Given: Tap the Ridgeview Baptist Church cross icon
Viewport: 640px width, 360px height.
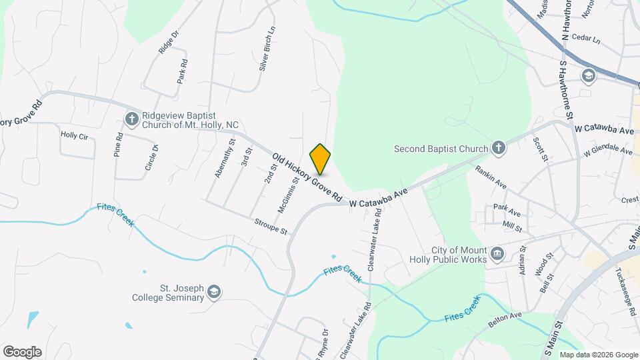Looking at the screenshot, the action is coord(131,119).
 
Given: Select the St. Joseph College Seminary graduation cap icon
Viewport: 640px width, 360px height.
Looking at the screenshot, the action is coord(214,292).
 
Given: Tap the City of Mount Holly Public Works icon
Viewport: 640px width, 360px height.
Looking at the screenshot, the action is coord(497,254).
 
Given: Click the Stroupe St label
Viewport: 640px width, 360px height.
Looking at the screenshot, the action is coord(270,227).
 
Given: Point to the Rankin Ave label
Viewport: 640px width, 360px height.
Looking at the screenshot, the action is coord(491,177).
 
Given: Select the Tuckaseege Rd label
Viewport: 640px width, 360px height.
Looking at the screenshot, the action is coord(627,283).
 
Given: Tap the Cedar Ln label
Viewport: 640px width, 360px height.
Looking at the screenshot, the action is coord(586,40).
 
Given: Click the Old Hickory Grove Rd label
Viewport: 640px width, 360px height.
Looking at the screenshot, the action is coord(307,177).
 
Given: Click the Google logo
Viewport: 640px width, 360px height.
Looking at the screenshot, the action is coord(22,352).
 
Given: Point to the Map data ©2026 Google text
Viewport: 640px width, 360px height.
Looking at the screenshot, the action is coord(598,355).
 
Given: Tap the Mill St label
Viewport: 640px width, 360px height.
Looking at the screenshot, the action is coord(512,226).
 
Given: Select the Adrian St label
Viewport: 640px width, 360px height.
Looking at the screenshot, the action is coord(522,257).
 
